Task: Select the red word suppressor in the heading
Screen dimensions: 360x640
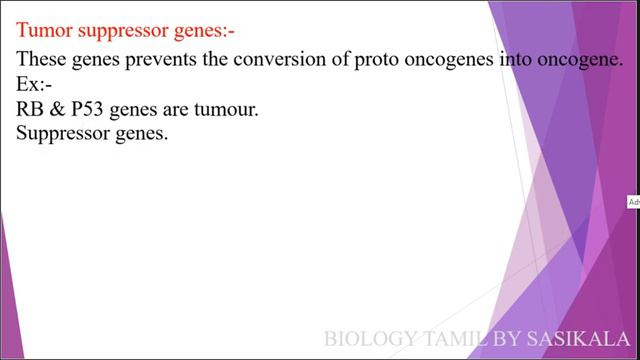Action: tap(116, 31)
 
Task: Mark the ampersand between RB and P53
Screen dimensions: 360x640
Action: tap(57, 109)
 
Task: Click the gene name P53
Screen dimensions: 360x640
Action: tap(88, 109)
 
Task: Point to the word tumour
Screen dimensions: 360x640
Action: tap(224, 109)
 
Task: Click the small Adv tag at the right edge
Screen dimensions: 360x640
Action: tap(633, 202)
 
